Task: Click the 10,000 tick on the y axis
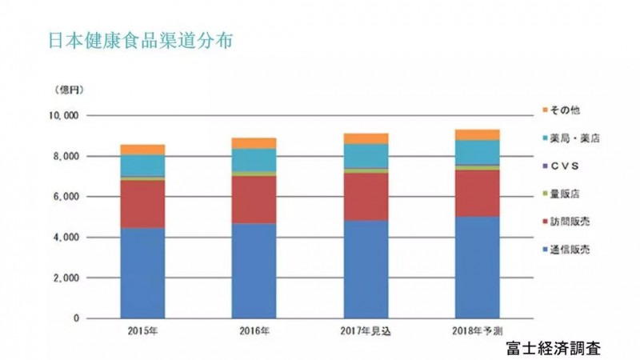tap(63, 115)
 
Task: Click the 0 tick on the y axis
tap(75, 318)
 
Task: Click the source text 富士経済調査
tap(553, 348)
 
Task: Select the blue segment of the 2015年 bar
tap(143, 273)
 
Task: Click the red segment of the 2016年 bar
tap(254, 199)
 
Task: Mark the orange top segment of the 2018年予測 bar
tap(477, 134)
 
